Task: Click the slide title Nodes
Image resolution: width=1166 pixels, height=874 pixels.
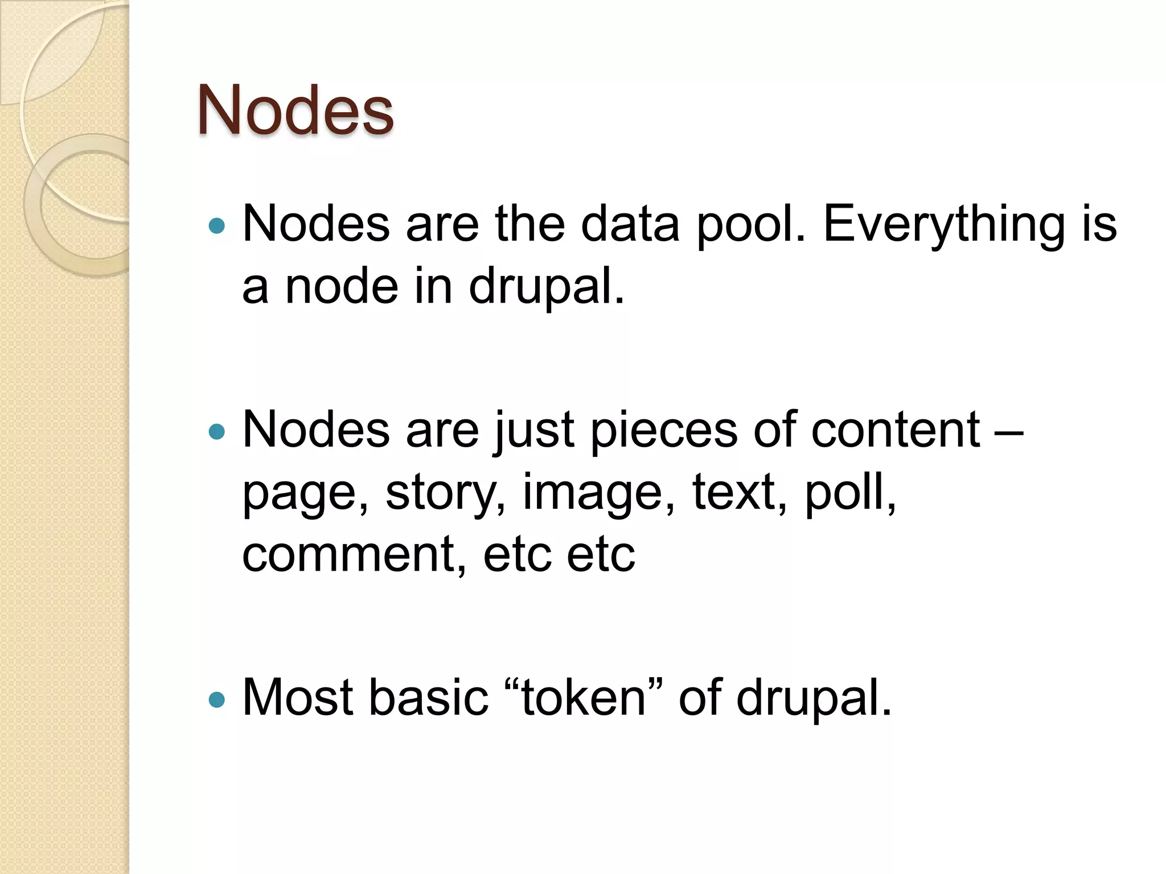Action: (295, 110)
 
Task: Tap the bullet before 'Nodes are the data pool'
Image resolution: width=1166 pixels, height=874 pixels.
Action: (217, 227)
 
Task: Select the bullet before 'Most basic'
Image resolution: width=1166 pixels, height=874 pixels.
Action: (217, 699)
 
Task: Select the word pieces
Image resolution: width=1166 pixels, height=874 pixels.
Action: (663, 431)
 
